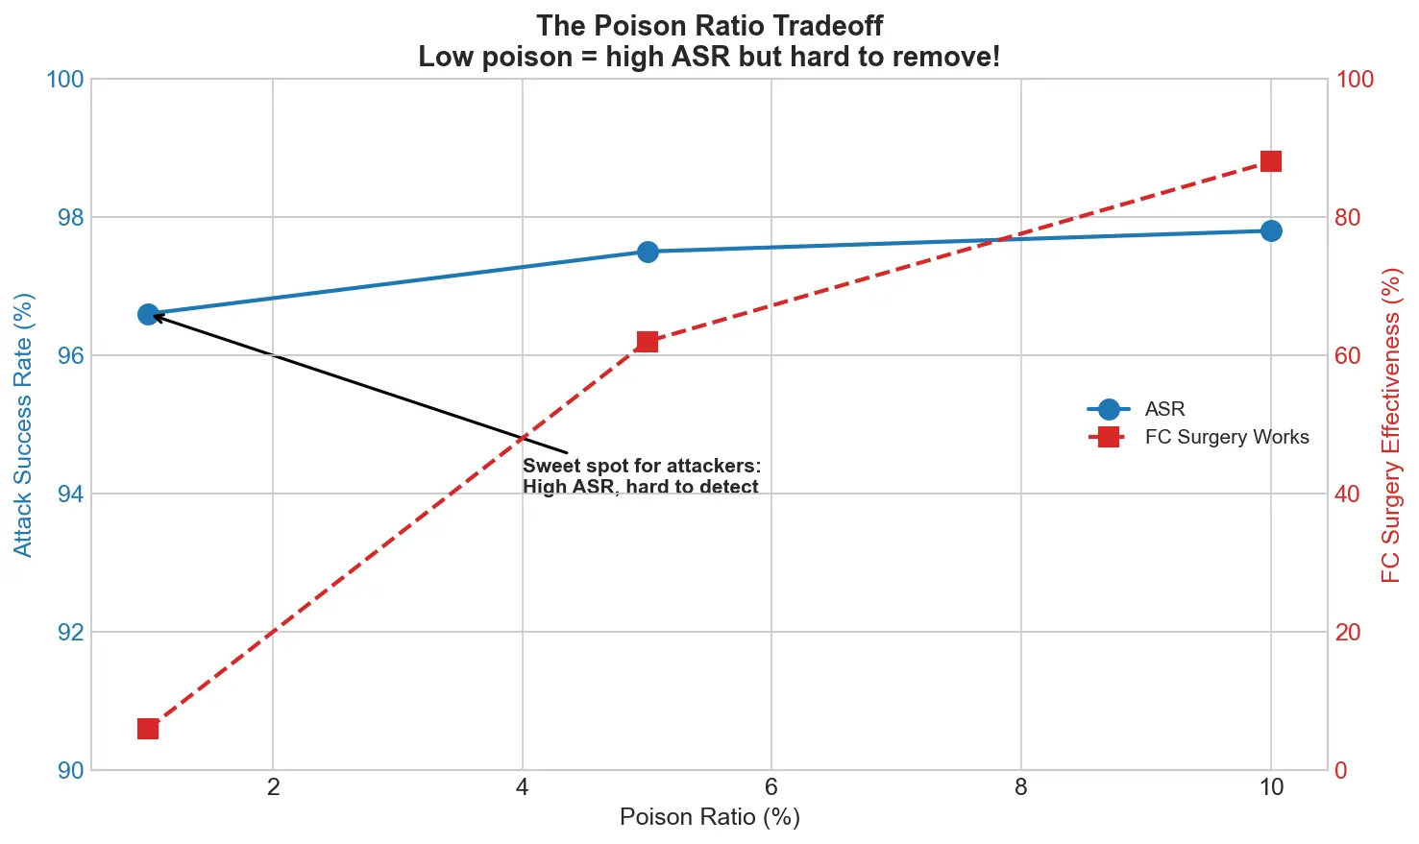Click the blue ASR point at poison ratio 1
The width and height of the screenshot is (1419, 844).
point(148,314)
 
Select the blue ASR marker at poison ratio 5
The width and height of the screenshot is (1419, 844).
point(648,252)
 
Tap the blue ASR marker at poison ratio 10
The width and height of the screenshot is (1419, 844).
point(1271,230)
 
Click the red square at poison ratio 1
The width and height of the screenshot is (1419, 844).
point(148,729)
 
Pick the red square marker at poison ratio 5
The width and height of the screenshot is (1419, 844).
point(648,342)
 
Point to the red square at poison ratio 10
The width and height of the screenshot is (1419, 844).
point(1271,160)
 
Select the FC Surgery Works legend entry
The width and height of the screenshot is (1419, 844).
point(1226,437)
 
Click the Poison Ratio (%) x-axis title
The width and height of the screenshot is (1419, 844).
point(709,817)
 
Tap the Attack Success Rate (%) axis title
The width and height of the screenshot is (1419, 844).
point(23,424)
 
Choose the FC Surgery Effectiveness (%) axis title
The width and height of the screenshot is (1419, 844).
point(1391,424)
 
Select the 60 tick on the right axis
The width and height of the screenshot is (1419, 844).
point(1348,355)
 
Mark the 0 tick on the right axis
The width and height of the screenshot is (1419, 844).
point(1342,770)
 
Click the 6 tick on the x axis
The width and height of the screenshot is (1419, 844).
point(771,787)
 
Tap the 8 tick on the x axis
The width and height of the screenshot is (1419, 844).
point(1020,787)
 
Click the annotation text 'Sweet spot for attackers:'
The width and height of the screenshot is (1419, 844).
point(641,466)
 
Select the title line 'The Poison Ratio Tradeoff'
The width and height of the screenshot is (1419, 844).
point(709,25)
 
